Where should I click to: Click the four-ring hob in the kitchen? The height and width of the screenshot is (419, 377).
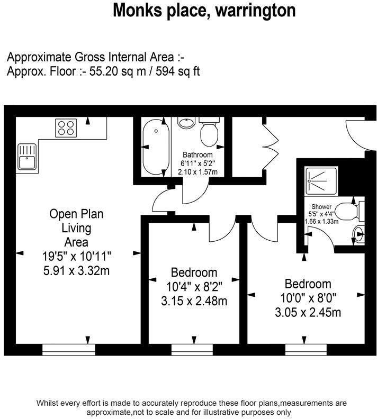click(x=66, y=128)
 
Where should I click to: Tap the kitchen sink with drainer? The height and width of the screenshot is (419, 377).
click(x=26, y=157)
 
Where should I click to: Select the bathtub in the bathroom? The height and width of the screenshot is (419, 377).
click(x=156, y=148)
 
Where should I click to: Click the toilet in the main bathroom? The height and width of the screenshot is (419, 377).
click(x=209, y=132)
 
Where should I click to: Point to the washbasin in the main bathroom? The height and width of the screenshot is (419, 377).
click(x=186, y=123)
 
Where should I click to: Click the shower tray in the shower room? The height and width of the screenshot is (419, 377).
click(x=321, y=181)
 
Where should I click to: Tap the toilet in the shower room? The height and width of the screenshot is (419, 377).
click(x=349, y=212)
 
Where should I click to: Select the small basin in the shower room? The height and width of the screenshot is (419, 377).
click(x=358, y=234)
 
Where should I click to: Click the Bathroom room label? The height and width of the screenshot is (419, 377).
click(x=198, y=154)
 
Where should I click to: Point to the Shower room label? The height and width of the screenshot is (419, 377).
click(x=321, y=206)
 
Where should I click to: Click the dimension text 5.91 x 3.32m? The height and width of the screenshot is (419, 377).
click(x=76, y=271)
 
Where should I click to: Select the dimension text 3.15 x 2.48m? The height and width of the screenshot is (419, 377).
click(x=194, y=301)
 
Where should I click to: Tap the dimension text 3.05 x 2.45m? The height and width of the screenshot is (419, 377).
click(x=308, y=312)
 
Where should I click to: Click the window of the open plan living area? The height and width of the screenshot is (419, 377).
click(x=69, y=350)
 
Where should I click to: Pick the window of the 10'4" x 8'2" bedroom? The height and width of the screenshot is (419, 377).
click(x=192, y=350)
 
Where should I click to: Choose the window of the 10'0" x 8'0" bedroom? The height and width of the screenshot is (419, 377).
click(x=306, y=350)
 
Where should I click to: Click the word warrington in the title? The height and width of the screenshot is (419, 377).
click(x=255, y=11)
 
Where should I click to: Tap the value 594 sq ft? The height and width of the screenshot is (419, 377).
click(x=178, y=71)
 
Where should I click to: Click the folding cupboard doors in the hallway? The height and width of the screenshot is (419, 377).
click(x=271, y=147)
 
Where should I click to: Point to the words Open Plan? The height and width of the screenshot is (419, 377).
click(x=76, y=214)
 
